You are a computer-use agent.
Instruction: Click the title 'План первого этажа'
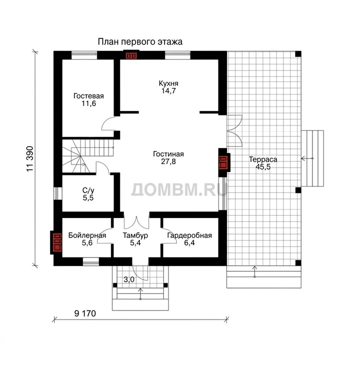[140, 42]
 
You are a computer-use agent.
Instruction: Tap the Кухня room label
[168, 83]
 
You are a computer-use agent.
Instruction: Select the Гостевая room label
[88, 96]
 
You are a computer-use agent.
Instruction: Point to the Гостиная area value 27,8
[168, 161]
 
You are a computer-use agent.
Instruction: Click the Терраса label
[263, 159]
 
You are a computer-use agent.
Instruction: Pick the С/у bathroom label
[88, 190]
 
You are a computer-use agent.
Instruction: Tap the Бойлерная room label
[87, 235]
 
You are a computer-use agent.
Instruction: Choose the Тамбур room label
[135, 235]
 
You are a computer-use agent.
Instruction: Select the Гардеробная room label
[189, 235]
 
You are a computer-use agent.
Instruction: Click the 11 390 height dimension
[29, 159]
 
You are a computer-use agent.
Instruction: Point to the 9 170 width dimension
[85, 313]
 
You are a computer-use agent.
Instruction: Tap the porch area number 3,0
[129, 279]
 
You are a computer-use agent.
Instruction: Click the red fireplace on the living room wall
[223, 162]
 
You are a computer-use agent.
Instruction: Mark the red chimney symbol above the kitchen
[131, 55]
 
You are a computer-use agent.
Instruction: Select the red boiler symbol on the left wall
[56, 242]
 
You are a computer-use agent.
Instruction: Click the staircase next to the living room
[87, 156]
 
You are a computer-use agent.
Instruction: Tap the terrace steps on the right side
[312, 158]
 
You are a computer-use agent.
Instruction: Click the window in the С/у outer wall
[57, 193]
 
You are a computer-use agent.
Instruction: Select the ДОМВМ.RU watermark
[179, 189]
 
